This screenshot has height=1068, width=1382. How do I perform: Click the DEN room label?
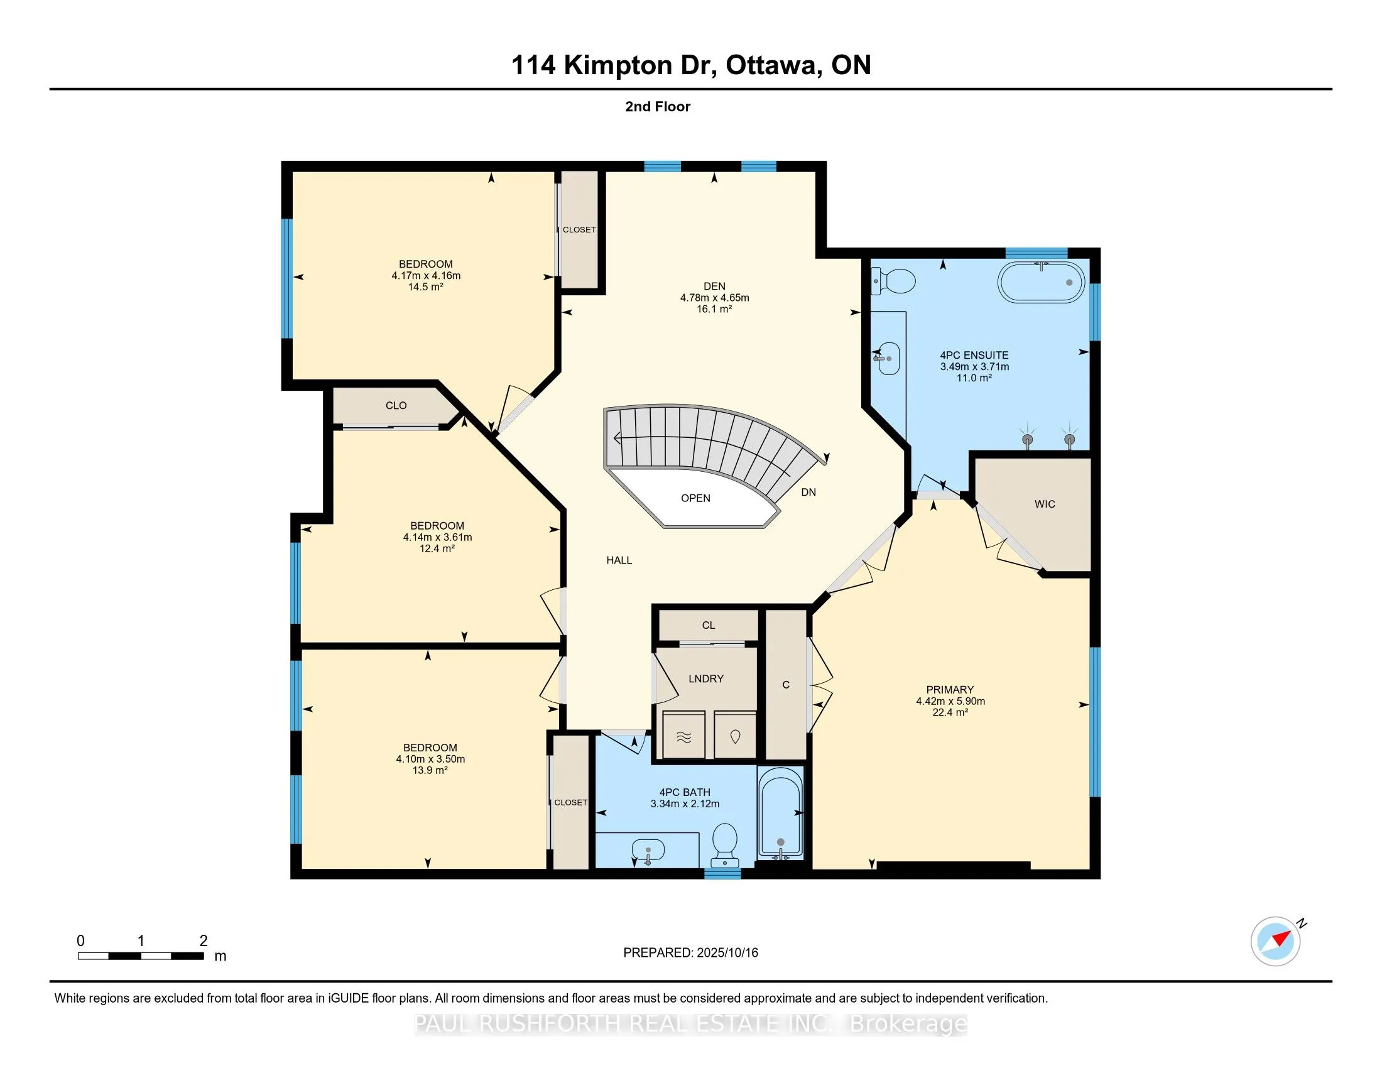tap(714, 286)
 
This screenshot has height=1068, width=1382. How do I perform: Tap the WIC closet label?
tap(1045, 504)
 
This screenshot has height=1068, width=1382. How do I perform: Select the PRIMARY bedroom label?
tap(950, 690)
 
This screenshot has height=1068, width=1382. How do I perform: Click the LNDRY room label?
tap(705, 678)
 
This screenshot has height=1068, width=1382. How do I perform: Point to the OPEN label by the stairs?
tap(695, 498)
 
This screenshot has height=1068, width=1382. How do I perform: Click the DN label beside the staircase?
tap(808, 492)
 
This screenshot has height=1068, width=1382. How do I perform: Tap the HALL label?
tap(619, 560)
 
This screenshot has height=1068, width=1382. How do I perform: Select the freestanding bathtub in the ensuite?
tap(1041, 282)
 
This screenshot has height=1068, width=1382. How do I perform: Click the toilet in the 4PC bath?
tap(725, 844)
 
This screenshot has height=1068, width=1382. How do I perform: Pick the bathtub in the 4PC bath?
tap(781, 812)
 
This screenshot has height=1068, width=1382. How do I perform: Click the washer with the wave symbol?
tap(684, 735)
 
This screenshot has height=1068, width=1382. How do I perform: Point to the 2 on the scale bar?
tap(203, 940)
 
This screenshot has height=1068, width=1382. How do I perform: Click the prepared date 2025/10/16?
tap(727, 952)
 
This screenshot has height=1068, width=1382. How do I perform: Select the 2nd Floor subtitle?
tap(658, 106)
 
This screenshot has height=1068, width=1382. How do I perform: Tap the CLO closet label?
tap(396, 406)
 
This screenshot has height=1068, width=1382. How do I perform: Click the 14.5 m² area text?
tap(425, 286)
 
